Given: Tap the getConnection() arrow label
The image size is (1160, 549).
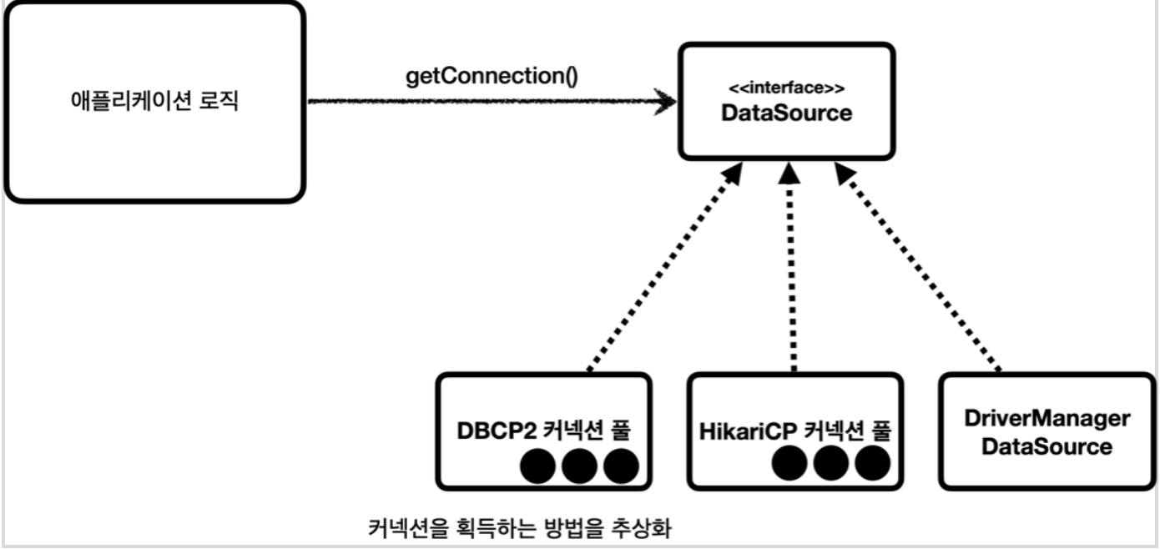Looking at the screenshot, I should [x=492, y=76].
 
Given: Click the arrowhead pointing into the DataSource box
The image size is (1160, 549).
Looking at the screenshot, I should [x=665, y=103].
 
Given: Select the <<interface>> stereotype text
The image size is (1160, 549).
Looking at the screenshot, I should [x=786, y=88].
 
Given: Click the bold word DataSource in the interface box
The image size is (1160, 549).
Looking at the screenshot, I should [x=786, y=113].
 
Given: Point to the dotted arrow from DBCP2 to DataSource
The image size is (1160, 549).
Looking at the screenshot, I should [x=663, y=267].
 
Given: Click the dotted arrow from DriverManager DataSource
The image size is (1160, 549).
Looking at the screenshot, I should [x=918, y=267].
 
